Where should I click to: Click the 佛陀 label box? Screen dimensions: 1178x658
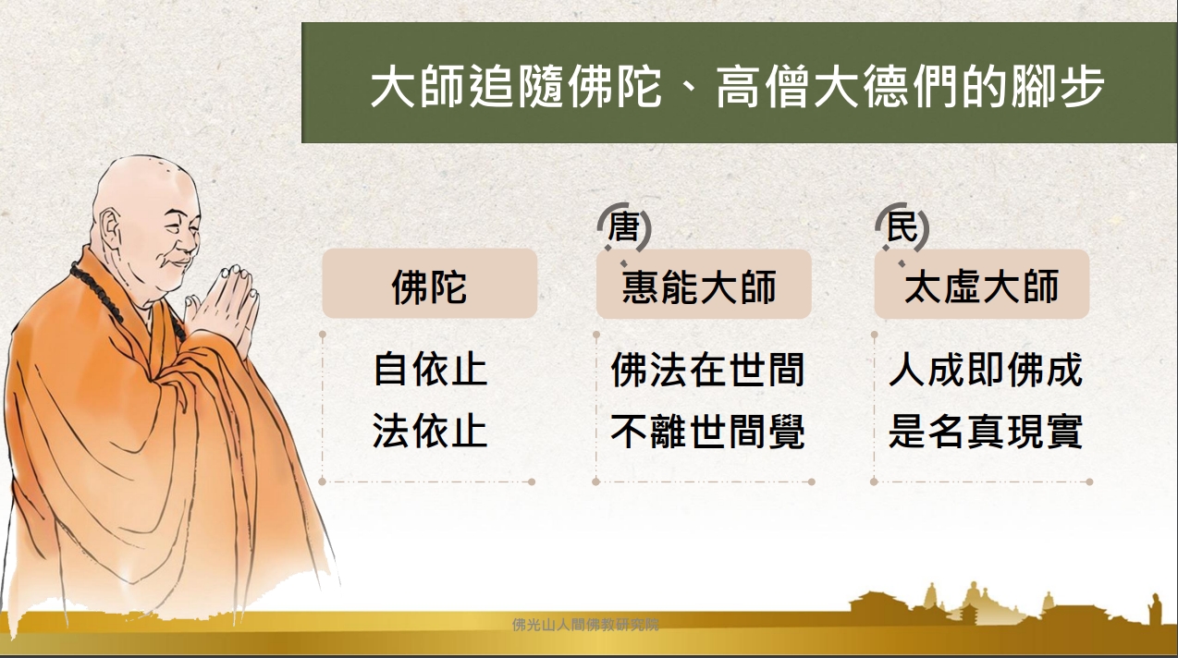coord(430,284)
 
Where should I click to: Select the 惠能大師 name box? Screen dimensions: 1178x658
coord(704,284)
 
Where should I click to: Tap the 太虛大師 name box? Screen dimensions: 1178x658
coord(981,284)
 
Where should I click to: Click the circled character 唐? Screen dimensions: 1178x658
coord(624,227)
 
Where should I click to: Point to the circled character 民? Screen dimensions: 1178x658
coord(902,226)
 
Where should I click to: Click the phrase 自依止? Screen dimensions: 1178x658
coord(430,370)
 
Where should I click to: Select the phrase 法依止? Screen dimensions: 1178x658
coord(430,431)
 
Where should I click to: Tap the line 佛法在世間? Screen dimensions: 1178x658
coord(708,370)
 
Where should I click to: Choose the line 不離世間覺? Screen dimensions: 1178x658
coord(708,431)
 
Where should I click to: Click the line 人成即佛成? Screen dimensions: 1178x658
coord(986,370)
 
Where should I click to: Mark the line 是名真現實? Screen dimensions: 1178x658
coord(986,431)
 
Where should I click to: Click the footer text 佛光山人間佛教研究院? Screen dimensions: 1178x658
coord(585,625)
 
